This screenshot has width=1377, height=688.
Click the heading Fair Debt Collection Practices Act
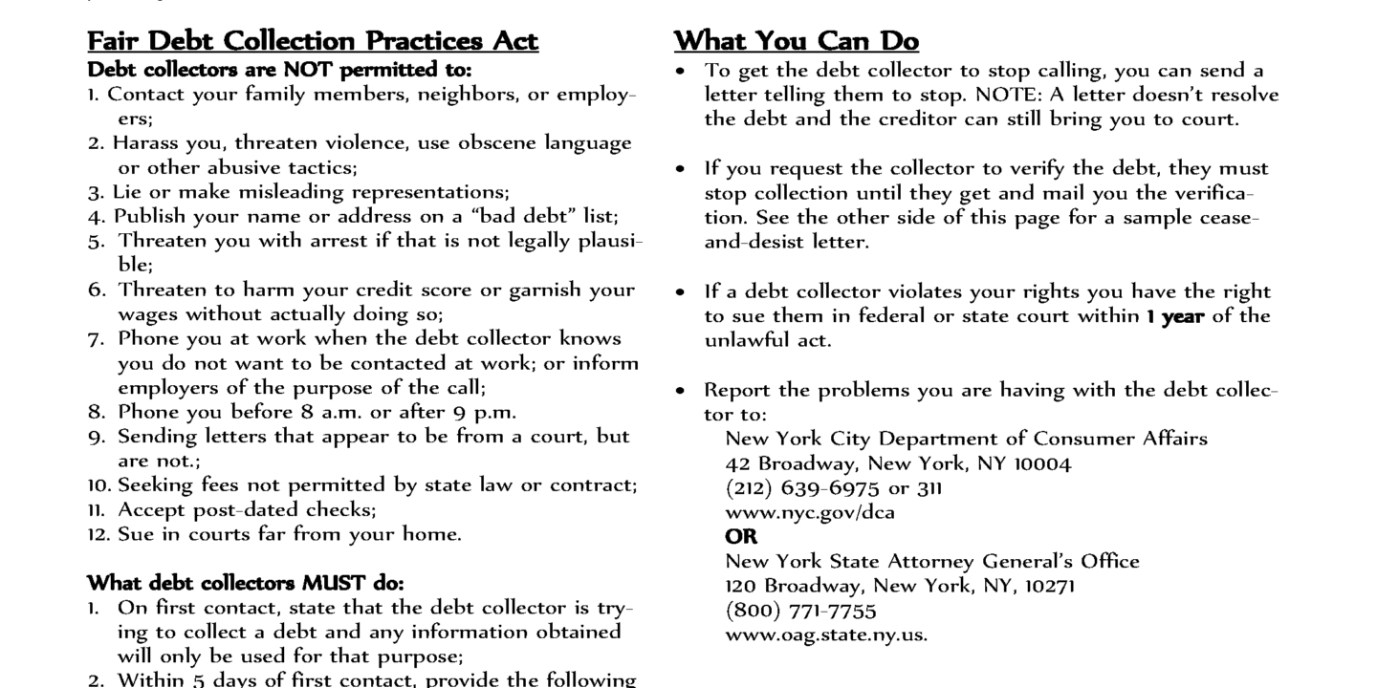point(313,42)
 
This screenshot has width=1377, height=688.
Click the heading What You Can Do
point(797,42)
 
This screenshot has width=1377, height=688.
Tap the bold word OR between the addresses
point(741,537)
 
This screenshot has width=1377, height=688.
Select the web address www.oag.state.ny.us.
point(826,634)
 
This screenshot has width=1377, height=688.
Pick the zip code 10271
point(1050,586)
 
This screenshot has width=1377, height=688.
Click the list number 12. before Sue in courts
point(98,535)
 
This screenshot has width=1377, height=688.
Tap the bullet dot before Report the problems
point(680,391)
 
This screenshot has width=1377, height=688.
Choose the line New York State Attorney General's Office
point(932,561)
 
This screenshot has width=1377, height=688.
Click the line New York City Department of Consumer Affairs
point(966,439)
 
